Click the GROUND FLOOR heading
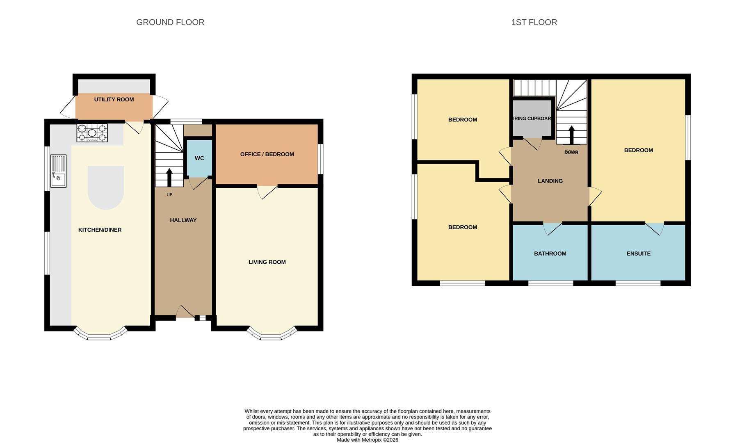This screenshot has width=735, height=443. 170,22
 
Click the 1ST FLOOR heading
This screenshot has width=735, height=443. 534,22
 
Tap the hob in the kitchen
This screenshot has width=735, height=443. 92,133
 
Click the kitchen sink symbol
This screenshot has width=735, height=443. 58,171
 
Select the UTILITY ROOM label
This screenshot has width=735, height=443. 114,99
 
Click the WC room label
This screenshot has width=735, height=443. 199,158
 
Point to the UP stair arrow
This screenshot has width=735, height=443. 169,177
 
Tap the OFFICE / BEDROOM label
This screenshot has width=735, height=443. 267,154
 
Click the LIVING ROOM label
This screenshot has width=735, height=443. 267,262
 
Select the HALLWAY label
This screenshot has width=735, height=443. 183,220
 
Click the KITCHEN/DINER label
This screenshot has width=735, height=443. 100,230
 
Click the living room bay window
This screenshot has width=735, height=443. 272,335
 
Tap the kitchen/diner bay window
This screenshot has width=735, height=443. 100,335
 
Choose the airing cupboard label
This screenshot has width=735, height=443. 532,119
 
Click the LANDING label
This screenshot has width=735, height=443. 550,181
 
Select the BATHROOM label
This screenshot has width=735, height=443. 550,253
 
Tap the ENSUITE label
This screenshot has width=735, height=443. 638,253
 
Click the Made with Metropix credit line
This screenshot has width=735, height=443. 367,440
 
